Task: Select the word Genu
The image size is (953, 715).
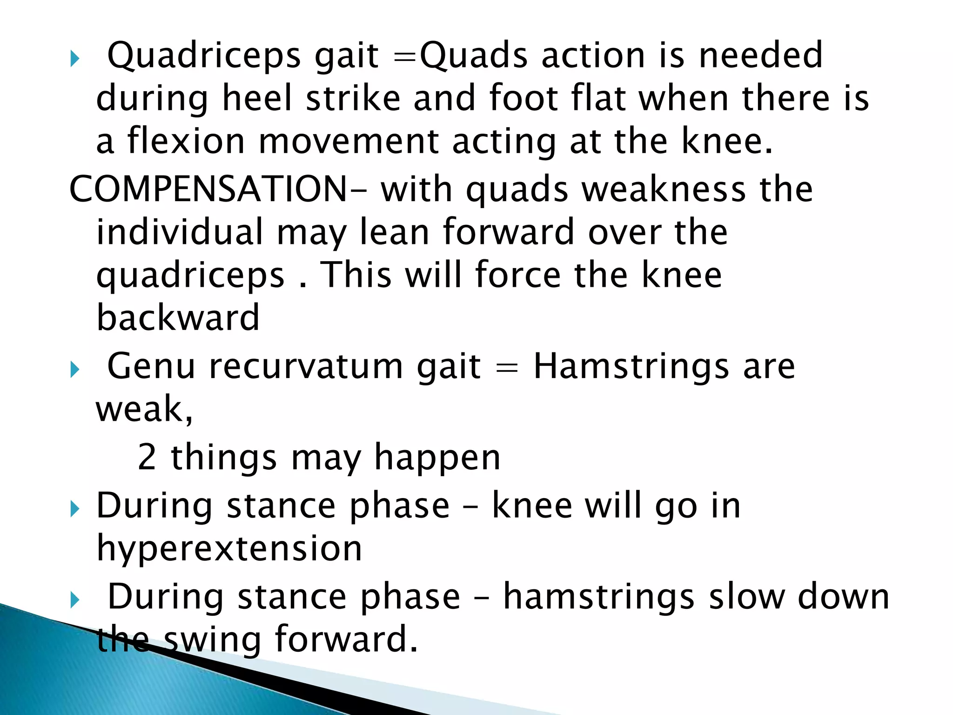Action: click(x=151, y=366)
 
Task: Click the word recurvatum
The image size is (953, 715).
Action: click(x=306, y=366)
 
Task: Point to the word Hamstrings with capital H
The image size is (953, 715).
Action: click(x=631, y=366)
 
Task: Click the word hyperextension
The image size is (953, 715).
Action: click(x=229, y=548)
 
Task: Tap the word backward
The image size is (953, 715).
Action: click(x=178, y=317)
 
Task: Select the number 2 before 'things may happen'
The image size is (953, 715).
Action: click(x=147, y=457)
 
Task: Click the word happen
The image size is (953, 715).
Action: click(x=437, y=458)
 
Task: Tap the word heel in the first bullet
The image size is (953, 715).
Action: click(x=257, y=98)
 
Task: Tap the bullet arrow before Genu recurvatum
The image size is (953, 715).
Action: click(x=75, y=370)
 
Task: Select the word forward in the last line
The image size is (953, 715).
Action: click(x=346, y=639)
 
